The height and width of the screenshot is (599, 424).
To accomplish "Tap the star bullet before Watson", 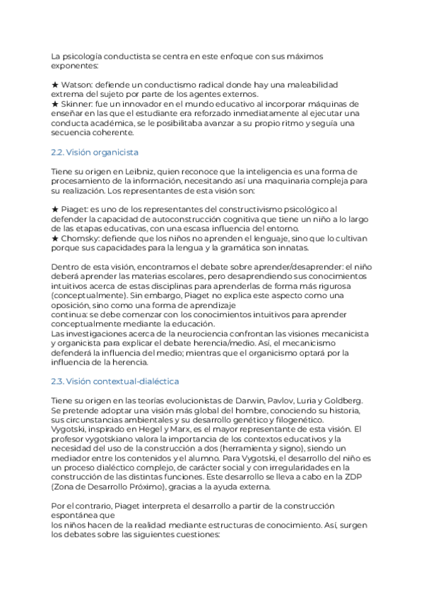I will [x=55, y=85].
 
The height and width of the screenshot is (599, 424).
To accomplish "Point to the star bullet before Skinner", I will [x=55, y=104].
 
